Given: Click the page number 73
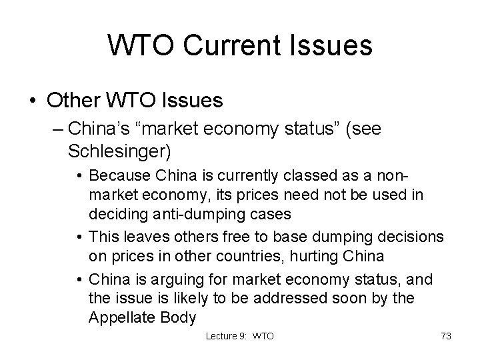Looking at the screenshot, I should point(445,337).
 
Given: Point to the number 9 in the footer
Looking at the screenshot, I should point(245,337).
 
